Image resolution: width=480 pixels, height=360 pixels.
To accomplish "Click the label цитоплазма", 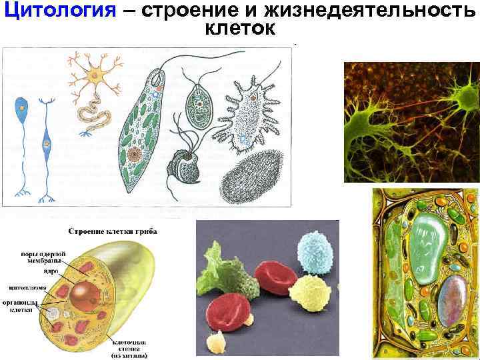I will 27,288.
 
